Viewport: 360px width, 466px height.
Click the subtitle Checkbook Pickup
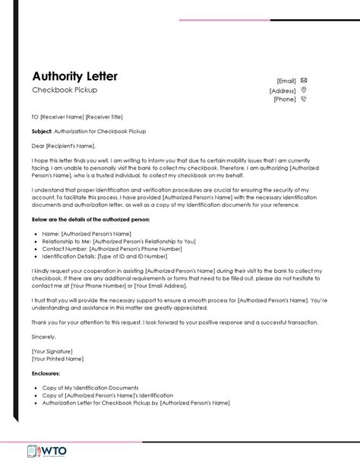tap(65, 90)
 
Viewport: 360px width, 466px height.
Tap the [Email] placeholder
tap(286, 80)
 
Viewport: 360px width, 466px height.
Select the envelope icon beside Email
tap(304, 79)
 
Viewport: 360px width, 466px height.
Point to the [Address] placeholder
tap(283, 90)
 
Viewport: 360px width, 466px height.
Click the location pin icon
tap(304, 90)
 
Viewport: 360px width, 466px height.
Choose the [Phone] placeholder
tap(285, 99)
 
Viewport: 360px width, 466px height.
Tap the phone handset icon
tap(304, 99)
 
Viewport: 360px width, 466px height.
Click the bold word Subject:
tap(42, 131)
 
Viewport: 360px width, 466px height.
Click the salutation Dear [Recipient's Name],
tap(65, 146)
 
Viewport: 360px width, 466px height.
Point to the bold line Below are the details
tap(90, 219)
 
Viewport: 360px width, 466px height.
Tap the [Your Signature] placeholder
tap(52, 352)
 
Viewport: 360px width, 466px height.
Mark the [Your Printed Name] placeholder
tap(57, 359)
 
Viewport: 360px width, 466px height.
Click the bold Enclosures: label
tap(47, 373)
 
